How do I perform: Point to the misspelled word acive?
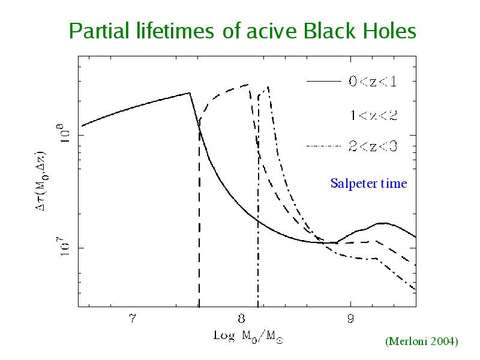point(272,32)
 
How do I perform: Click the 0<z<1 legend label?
point(373,82)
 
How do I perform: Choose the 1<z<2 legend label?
point(373,115)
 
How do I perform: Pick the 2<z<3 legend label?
point(373,146)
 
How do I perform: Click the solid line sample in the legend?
point(323,82)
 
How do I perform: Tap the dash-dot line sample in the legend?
point(323,146)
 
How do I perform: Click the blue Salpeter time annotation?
point(368,184)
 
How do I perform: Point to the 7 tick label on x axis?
point(132,319)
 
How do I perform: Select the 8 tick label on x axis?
point(241,319)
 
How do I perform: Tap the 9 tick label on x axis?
point(350,319)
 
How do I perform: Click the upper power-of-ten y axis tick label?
point(65,133)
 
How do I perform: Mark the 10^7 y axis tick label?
point(65,247)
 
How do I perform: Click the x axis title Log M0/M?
point(248,337)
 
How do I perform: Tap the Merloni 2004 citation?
point(422,341)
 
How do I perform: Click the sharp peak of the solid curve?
point(190,93)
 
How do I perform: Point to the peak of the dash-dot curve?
point(268,87)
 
